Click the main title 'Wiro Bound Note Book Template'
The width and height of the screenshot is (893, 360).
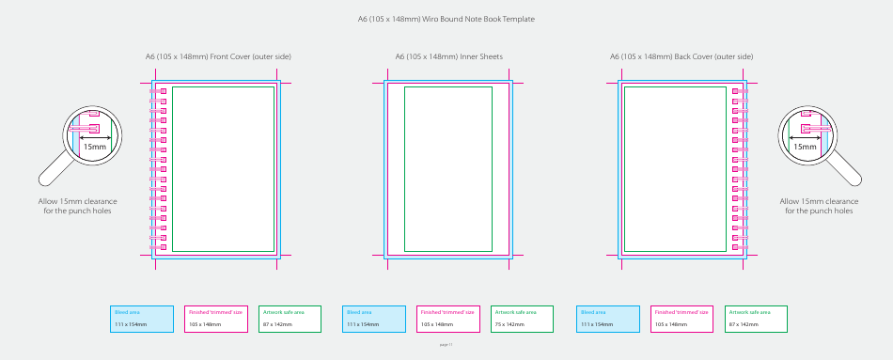[446, 19]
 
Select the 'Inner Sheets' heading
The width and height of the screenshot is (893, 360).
[448, 56]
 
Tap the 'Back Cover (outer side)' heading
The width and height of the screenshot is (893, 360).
[681, 56]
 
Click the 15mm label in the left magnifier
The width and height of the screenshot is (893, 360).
[95, 147]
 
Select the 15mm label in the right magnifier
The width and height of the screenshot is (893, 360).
[805, 147]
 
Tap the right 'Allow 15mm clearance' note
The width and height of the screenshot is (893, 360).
[820, 206]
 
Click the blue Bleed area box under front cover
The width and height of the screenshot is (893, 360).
[143, 319]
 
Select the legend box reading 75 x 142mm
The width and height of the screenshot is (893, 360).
[523, 319]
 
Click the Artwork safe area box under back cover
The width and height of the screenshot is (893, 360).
[756, 319]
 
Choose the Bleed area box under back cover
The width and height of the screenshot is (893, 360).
[608, 319]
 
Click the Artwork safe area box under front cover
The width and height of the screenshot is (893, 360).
[290, 319]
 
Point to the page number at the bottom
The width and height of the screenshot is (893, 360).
[446, 344]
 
